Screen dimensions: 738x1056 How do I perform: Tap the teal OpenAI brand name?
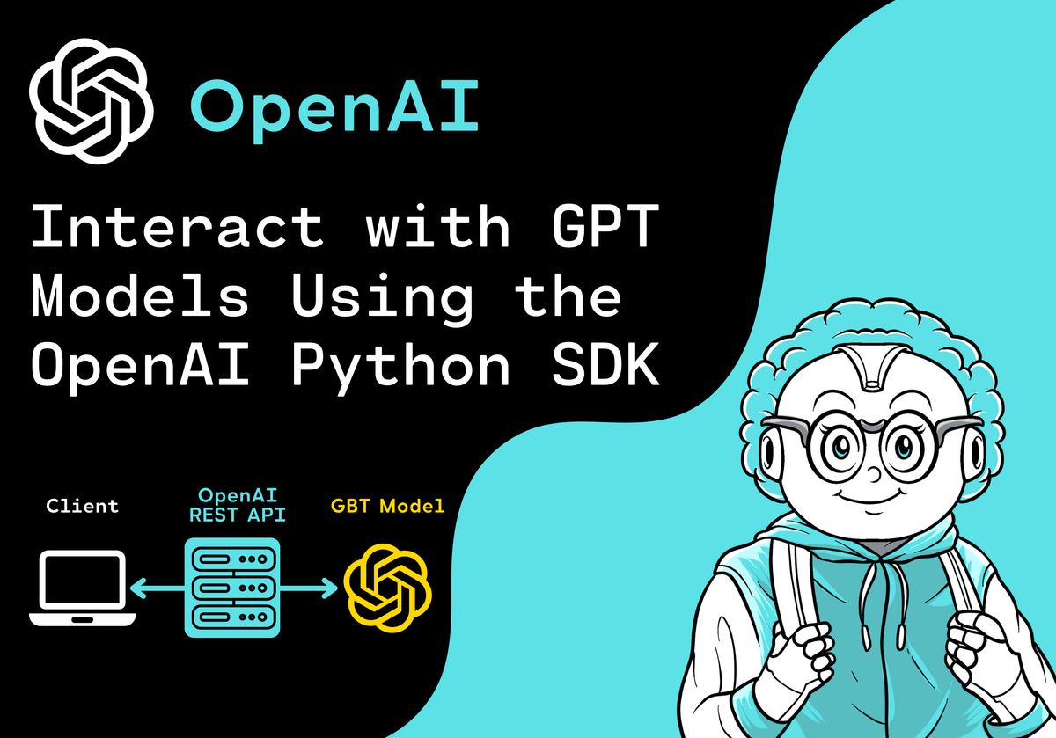pos(334,109)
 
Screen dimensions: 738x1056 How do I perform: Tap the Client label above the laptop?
pos(82,507)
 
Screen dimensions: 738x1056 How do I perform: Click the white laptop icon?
pos(82,588)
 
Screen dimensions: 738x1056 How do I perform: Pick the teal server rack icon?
pos(232,588)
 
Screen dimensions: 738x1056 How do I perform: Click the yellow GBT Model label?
pos(387,507)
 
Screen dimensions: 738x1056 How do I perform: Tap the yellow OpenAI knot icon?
pos(387,588)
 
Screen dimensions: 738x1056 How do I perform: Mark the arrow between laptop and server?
pos(156,588)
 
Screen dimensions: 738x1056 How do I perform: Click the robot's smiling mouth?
pos(871,508)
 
